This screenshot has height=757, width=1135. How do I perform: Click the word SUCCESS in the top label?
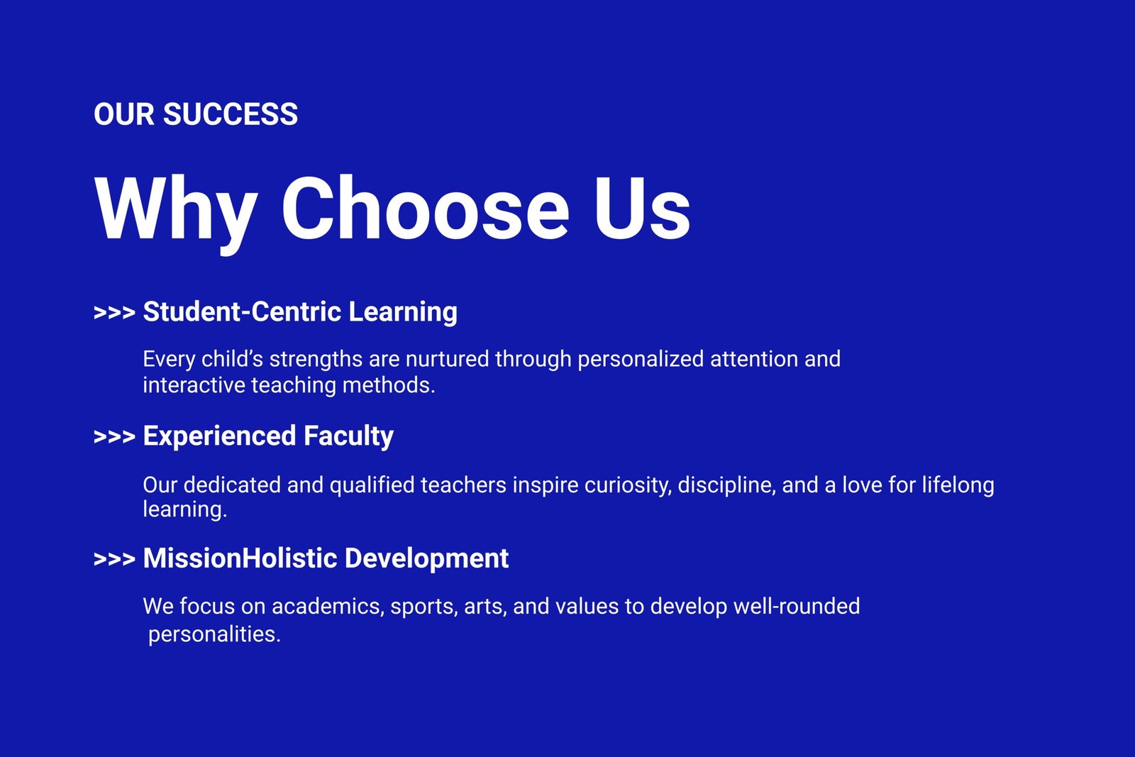[x=231, y=114]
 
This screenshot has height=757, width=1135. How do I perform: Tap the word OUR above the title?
[x=124, y=114]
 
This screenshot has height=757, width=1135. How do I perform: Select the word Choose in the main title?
[x=426, y=209]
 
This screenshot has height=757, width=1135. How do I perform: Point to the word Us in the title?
[x=642, y=209]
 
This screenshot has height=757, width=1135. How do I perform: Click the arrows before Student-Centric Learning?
[x=114, y=312]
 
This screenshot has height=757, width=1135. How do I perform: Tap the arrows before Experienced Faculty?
[x=114, y=436]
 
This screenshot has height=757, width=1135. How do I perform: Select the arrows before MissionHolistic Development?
[x=114, y=559]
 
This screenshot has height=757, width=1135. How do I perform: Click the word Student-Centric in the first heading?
[x=242, y=311]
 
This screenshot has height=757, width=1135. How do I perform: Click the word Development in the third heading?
[x=426, y=559]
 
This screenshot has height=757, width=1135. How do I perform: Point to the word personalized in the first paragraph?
[x=641, y=360]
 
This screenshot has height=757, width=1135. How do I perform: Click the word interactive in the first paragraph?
[x=194, y=385]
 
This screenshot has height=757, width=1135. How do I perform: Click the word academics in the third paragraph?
[x=328, y=607]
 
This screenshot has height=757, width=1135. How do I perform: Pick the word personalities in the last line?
[x=214, y=635]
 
